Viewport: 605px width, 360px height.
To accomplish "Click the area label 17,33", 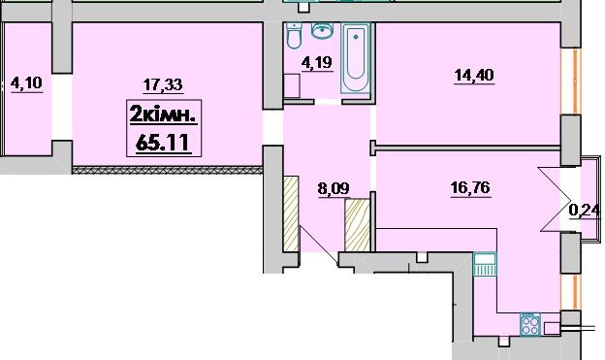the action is coord(163,84).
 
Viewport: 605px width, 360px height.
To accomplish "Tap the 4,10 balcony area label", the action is coord(26,82).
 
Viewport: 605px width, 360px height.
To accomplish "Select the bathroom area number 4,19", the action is coord(317,62).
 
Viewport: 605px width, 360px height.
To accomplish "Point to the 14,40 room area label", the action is coord(474,75).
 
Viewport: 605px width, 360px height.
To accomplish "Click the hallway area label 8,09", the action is coord(334,189).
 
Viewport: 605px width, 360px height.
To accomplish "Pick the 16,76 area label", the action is coord(470,187).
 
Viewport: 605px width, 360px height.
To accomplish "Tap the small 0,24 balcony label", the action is coord(585,211).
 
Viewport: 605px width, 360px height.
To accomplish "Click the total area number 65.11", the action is coord(163,143).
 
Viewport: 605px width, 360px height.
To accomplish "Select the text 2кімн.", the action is coord(164,115).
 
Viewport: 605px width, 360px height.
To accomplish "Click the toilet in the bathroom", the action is coord(293,36).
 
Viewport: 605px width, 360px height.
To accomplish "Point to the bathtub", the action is coord(356,58).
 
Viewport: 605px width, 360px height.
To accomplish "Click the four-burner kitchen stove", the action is coord(530,324).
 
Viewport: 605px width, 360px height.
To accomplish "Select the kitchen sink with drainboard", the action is coord(485,264).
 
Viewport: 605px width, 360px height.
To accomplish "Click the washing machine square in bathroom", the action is coord(292,85).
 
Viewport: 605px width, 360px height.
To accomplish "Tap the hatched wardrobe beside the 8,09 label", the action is coord(358,225).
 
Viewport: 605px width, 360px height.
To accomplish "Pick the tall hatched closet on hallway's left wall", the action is coord(291,213).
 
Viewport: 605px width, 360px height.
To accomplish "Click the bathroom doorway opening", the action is coord(328,102).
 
